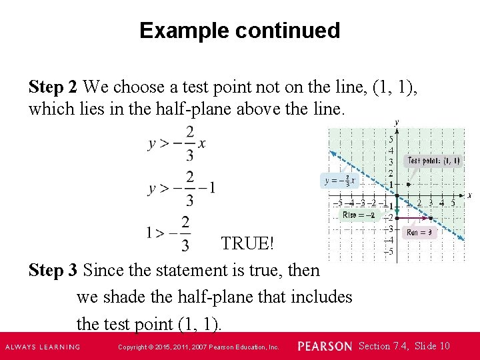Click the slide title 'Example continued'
click(239, 31)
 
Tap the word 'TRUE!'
click(247, 243)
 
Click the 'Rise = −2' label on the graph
click(359, 215)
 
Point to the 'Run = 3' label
click(420, 233)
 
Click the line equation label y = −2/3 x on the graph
click(340, 181)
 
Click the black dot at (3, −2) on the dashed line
click(431, 218)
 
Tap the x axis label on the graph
click(469, 195)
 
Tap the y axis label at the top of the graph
click(397, 123)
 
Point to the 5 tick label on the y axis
click(391, 139)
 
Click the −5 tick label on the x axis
click(339, 203)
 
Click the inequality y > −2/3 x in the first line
click(177, 143)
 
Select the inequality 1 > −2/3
click(169, 233)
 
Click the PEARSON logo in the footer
click(325, 347)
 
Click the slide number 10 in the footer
click(445, 346)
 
